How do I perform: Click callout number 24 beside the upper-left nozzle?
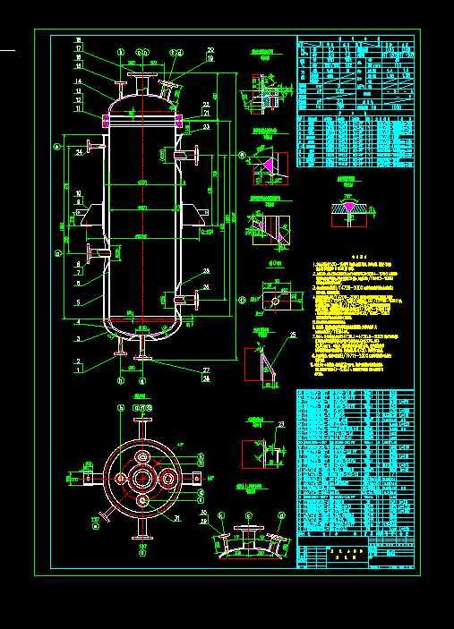(x=79, y=153)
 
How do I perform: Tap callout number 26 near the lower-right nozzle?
(x=207, y=286)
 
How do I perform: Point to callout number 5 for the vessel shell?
(x=79, y=302)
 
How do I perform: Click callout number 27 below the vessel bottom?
(x=205, y=370)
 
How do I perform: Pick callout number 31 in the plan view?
(x=176, y=518)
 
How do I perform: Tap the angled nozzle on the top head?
(x=167, y=87)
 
